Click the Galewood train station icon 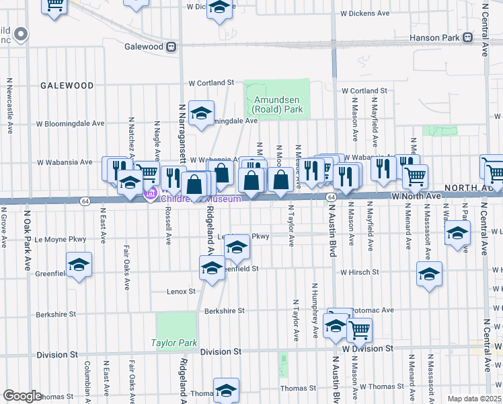coord(172,46)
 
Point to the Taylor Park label coord(173,343)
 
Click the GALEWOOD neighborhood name coord(67,86)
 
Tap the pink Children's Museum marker coord(150,195)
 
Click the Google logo coord(23,396)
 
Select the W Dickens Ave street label coord(365,13)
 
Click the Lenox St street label coord(181,292)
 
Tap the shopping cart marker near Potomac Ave coord(360,329)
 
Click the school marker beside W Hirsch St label coord(428,273)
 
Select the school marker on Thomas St coord(226,389)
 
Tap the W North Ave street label coord(416,196)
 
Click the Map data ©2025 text coord(473,399)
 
